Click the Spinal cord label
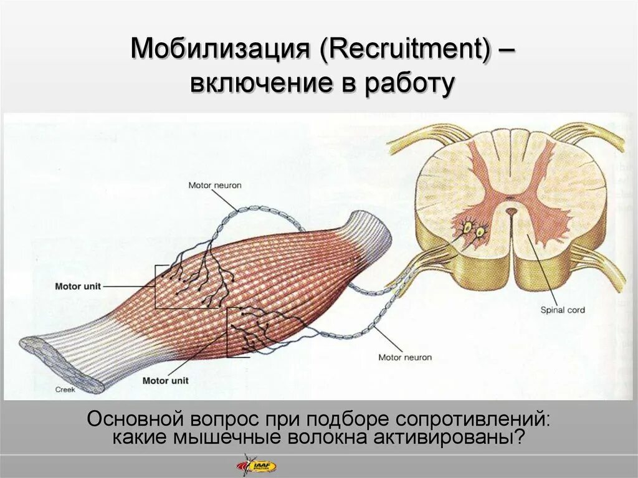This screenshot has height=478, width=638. tap(563, 310)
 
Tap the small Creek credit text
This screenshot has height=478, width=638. tap(65, 390)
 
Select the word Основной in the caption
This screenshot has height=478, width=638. tap(130, 418)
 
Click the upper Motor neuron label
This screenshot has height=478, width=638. tap(215, 185)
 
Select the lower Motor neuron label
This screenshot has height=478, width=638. tap(405, 357)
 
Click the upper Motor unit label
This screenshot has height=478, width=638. tap(77, 287)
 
